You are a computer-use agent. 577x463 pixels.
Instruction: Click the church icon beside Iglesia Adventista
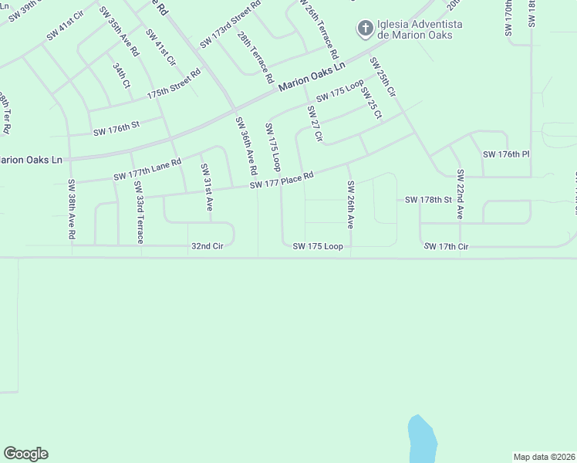(364, 29)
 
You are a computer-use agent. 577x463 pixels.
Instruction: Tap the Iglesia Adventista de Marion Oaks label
(420, 29)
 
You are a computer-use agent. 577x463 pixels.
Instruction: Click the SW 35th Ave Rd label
(119, 32)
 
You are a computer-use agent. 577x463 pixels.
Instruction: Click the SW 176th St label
(116, 132)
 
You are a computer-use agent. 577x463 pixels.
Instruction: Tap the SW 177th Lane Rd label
(147, 171)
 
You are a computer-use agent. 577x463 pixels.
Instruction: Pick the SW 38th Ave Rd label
(71, 208)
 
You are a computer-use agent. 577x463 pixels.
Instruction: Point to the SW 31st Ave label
(207, 188)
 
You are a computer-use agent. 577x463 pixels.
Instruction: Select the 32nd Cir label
(207, 246)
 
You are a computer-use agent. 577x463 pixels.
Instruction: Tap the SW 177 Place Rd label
(281, 180)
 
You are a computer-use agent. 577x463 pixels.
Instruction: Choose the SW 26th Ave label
(350, 205)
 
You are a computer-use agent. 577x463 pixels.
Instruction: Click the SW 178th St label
(428, 200)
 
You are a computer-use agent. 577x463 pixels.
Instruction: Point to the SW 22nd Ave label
(460, 194)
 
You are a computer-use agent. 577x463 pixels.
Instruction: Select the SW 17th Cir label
(446, 246)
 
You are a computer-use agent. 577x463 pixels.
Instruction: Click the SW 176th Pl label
(506, 154)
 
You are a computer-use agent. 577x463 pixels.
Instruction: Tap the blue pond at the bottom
(422, 440)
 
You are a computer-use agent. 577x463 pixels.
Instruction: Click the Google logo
(25, 454)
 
